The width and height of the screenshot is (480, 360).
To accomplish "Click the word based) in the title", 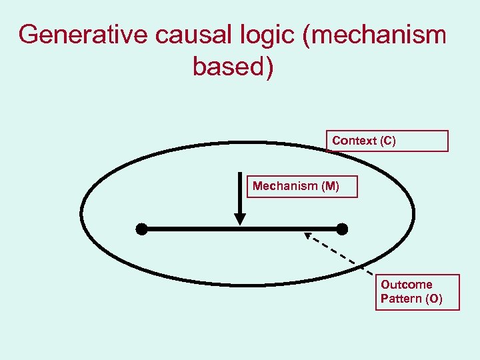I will tap(233, 67).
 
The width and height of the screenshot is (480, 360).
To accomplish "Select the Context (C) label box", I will tap(387, 141).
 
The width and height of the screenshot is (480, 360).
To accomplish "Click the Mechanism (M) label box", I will tap(303, 186).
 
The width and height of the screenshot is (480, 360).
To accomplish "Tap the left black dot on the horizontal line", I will tap(141, 229).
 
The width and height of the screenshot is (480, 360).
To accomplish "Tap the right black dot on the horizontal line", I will tap(342, 229).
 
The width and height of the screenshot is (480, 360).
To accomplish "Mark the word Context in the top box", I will tap(354, 141).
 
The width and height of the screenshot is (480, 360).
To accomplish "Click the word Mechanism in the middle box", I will tap(285, 186).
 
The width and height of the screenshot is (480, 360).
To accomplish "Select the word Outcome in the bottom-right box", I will tap(406, 285).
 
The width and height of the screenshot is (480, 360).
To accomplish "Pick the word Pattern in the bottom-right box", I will tap(400, 299).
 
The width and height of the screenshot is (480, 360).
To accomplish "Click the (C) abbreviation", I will tap(387, 141).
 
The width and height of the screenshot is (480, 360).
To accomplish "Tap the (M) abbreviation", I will tap(330, 186).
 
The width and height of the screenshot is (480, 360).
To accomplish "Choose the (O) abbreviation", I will tap(433, 299).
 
